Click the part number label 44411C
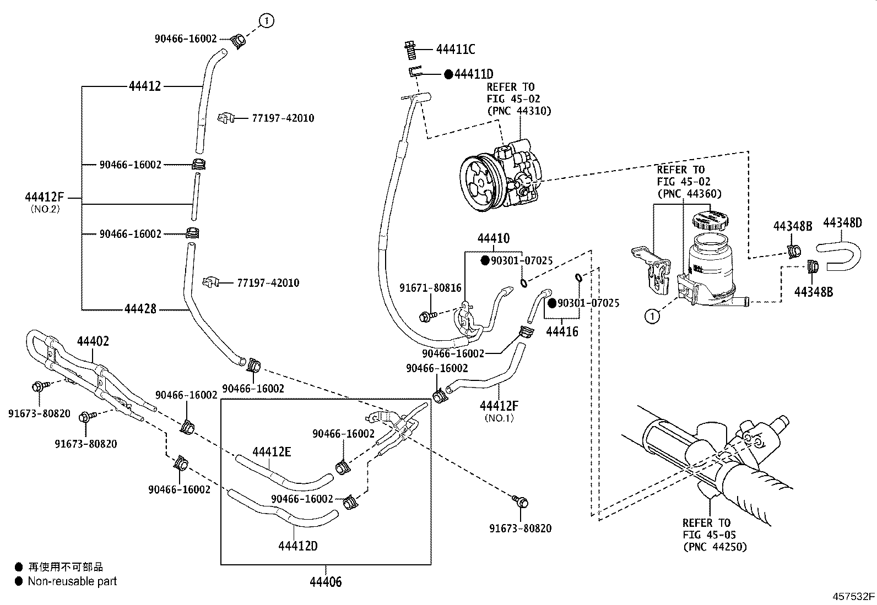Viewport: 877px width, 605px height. [455, 50]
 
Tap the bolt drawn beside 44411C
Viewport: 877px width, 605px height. [409, 51]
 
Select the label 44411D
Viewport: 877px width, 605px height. [473, 74]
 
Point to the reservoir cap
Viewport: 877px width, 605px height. [708, 219]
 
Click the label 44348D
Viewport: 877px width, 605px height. [842, 223]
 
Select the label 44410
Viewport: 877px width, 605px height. [493, 238]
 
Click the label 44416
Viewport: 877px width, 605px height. [562, 331]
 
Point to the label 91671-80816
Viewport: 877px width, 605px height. [431, 288]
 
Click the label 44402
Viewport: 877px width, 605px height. [93, 341]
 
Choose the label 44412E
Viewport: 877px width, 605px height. [272, 453]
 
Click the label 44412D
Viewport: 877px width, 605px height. [297, 546]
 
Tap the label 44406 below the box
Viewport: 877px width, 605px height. [325, 581]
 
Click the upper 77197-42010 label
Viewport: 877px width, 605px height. [283, 118]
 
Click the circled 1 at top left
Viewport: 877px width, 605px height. [267, 21]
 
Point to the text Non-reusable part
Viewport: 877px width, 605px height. [72, 581]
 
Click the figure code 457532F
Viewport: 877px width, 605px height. [853, 596]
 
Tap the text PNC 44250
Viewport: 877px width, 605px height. [714, 547]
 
